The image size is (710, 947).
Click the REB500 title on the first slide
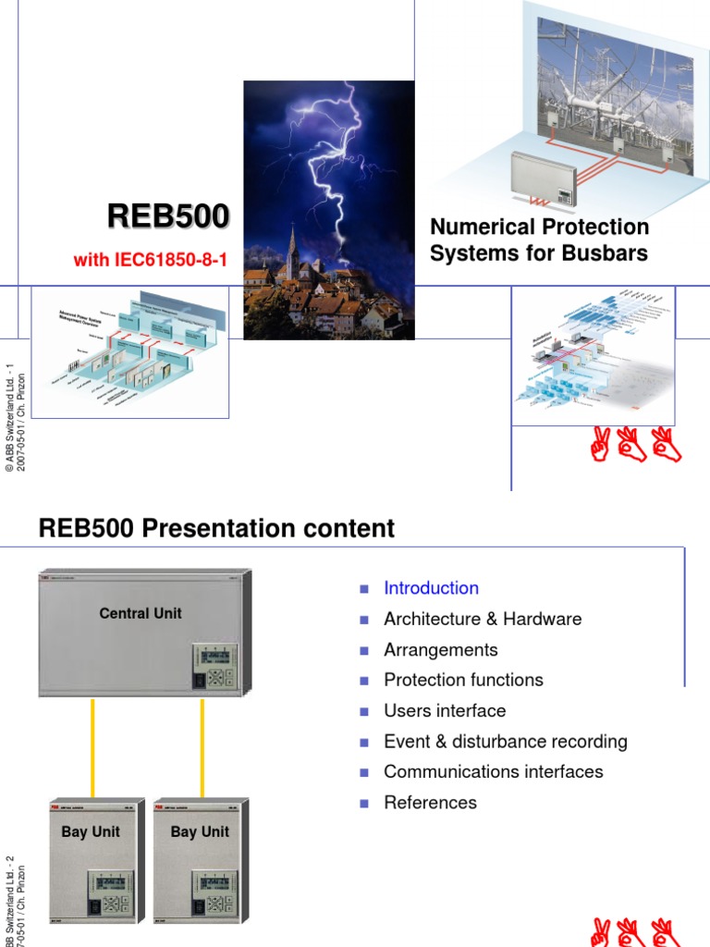click(x=168, y=216)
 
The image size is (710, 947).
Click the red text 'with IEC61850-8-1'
click(x=150, y=261)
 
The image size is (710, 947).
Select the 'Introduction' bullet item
click(x=431, y=588)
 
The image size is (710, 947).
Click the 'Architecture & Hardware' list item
click(x=483, y=619)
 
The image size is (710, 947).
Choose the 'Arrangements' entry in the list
click(x=440, y=649)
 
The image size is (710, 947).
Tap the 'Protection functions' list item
click(x=463, y=680)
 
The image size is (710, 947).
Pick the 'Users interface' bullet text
click(x=445, y=710)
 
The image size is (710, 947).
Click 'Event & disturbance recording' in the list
click(x=505, y=741)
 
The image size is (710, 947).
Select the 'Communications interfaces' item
click(x=493, y=771)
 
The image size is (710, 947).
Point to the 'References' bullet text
click(x=430, y=803)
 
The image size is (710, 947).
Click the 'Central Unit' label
click(x=141, y=613)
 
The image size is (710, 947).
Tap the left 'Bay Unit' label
click(x=91, y=831)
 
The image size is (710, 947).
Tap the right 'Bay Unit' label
click(x=200, y=831)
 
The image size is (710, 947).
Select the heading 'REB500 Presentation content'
click(x=216, y=529)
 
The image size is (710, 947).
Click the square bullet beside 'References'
click(x=364, y=803)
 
